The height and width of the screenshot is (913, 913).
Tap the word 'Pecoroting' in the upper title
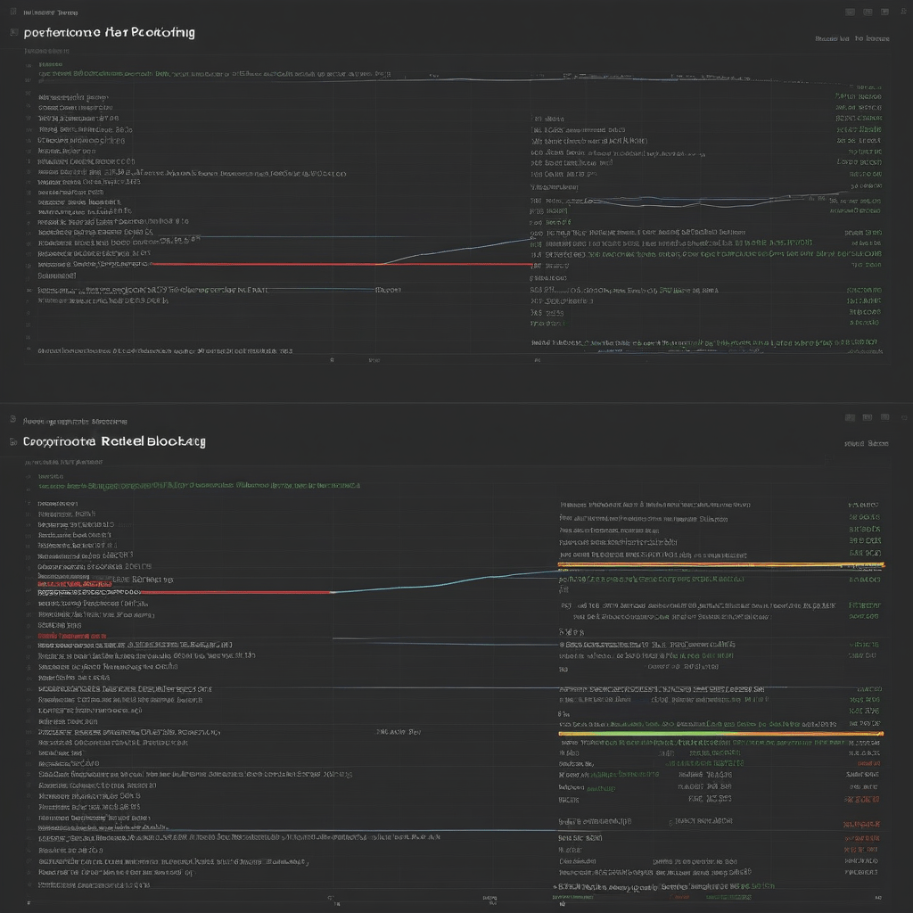click(x=163, y=32)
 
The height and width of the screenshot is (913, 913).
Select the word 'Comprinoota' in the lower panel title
click(x=60, y=441)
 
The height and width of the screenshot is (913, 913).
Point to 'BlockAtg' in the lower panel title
click(x=171, y=441)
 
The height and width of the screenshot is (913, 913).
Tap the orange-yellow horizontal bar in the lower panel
click(x=720, y=564)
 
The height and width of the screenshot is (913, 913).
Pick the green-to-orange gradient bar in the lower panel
click(x=720, y=734)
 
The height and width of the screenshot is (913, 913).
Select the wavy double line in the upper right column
click(x=713, y=198)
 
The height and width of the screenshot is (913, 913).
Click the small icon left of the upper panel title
click(x=13, y=32)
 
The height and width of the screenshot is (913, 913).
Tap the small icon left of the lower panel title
click(x=13, y=441)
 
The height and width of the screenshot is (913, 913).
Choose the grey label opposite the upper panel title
click(x=851, y=39)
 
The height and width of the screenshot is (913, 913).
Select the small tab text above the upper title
click(x=50, y=13)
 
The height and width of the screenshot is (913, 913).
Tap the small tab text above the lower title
click(x=75, y=421)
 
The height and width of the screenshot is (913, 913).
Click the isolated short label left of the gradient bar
click(x=399, y=732)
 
